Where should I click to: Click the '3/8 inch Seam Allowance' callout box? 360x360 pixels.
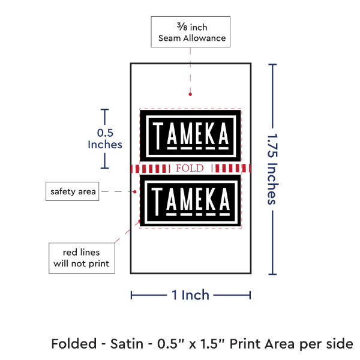coord(190,32)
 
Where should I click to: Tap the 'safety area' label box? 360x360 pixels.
coord(73,191)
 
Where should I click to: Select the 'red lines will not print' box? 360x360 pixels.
coord(82,258)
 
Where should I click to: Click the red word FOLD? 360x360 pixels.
coord(190,168)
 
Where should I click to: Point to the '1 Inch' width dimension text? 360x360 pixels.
coord(190,295)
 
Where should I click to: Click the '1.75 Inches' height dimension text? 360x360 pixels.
coord(272,169)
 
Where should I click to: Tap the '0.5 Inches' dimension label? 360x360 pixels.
coord(105,139)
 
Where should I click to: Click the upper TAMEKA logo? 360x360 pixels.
coord(190,136)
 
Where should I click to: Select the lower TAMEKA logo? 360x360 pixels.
coord(190,200)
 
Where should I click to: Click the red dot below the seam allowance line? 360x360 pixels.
coord(190,94)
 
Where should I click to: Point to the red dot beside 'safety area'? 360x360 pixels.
coord(135,191)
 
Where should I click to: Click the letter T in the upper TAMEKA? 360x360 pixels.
coord(158,136)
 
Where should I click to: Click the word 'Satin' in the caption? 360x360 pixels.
coord(127,344)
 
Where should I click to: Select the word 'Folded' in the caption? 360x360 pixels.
coord(74,344)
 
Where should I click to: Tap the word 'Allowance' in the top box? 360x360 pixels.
coord(205,38)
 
